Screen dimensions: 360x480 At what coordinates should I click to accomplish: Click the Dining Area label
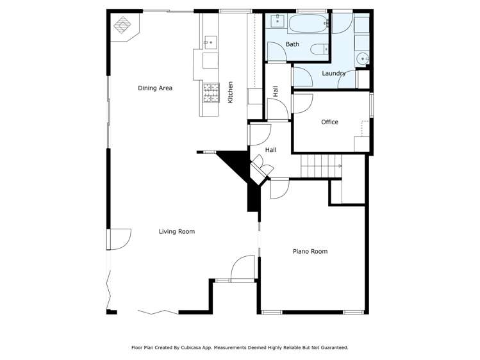tap(155, 88)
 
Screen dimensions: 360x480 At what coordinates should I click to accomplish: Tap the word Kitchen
tap(230, 93)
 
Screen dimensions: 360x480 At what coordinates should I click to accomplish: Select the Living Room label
tap(176, 231)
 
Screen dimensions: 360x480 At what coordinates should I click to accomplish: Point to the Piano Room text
tap(310, 251)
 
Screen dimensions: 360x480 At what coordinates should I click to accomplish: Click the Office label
tap(329, 122)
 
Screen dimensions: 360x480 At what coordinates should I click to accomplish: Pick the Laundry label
tap(333, 73)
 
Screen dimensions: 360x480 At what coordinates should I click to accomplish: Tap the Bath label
tap(292, 44)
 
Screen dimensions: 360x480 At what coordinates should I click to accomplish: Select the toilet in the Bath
tap(319, 49)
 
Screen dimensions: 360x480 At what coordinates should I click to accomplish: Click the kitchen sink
tap(210, 42)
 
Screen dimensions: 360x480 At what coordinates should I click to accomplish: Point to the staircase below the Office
tap(321, 167)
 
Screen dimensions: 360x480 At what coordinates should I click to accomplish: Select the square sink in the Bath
tap(277, 22)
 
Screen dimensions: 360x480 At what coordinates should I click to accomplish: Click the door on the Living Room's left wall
tap(120, 239)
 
